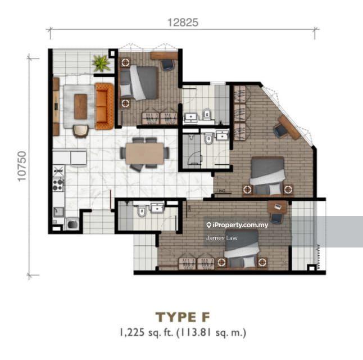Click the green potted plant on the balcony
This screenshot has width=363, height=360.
[x=102, y=62]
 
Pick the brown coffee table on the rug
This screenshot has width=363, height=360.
[x=81, y=106]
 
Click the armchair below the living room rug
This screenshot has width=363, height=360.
[x=80, y=130]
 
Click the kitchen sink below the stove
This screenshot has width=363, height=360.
[x=58, y=213]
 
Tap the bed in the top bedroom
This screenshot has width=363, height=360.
[x=142, y=82]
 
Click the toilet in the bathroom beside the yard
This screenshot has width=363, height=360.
[x=142, y=212]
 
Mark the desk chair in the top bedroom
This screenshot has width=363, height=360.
[x=168, y=65]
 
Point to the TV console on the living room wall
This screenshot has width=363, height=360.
[x=56, y=106]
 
